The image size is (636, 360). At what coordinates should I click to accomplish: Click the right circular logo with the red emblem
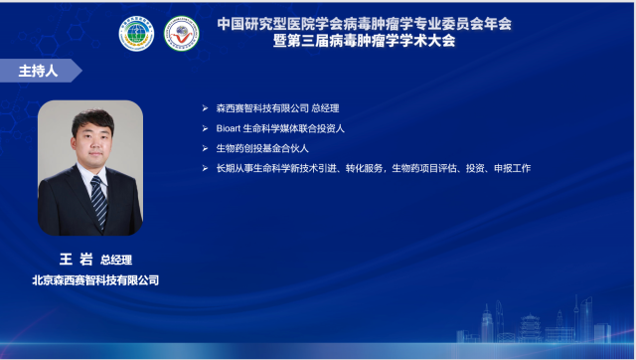pos(181,33)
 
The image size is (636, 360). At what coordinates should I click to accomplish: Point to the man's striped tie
pos(97,199)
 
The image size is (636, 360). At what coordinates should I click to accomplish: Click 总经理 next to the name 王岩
pos(116,261)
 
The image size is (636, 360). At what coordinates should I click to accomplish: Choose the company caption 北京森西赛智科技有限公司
pos(94,280)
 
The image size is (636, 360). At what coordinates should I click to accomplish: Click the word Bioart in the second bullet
pos(230,128)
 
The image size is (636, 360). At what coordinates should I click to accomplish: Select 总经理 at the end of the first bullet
pos(325,108)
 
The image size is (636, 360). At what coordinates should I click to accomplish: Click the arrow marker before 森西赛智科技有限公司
pos(206,108)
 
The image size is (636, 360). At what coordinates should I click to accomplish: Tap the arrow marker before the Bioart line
pos(206,128)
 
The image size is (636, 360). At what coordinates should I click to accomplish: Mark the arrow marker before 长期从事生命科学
pos(206,168)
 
